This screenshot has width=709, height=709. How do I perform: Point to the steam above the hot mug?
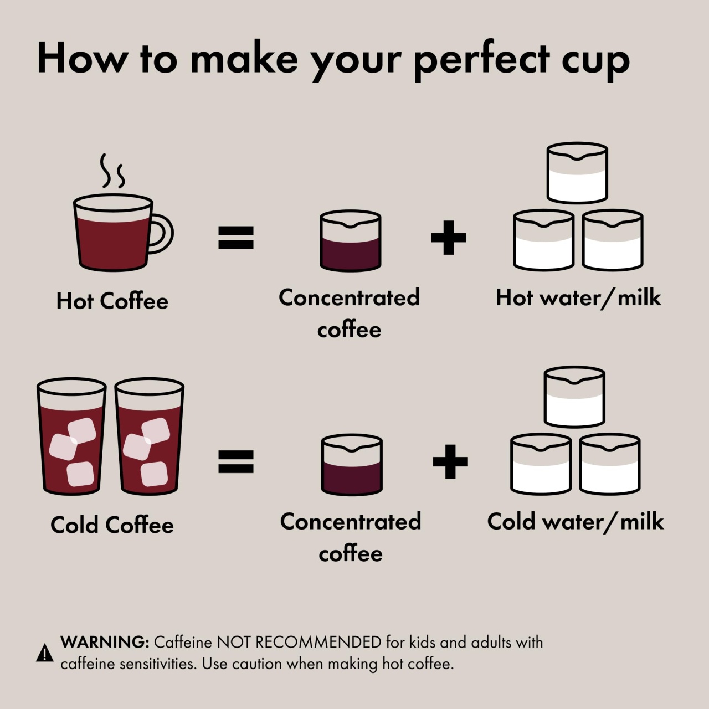[x=113, y=171]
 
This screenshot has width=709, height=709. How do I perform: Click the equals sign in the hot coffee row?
[x=236, y=237]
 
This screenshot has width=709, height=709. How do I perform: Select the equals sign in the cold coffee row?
[x=236, y=461]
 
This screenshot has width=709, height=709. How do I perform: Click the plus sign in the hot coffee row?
[x=449, y=237]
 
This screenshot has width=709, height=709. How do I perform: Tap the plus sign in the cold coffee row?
[x=450, y=461]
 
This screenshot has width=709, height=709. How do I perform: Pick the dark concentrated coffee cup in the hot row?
[x=350, y=241]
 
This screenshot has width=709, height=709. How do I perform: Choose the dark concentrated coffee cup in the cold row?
[x=352, y=465]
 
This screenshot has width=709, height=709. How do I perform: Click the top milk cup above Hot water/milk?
[x=577, y=173]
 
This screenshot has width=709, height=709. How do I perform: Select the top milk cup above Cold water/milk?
[x=574, y=397]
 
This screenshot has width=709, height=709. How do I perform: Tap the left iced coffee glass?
[x=71, y=436]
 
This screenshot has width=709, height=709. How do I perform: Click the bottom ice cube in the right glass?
[x=155, y=474]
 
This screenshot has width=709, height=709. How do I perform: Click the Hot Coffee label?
[x=112, y=301]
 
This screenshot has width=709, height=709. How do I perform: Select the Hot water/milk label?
[x=578, y=297]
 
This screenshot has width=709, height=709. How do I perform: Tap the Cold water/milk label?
[x=576, y=521]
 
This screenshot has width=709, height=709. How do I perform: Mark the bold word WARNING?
[x=105, y=643]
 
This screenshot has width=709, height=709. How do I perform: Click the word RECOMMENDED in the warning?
[x=318, y=643]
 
